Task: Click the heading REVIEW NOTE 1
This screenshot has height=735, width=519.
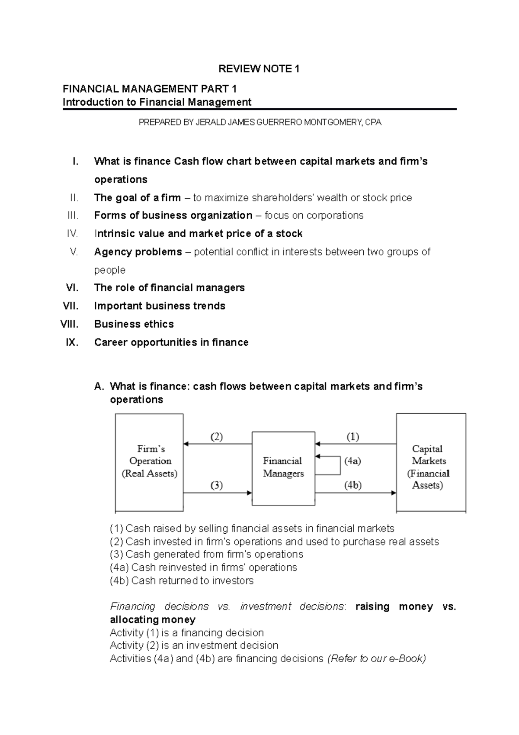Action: [259, 69]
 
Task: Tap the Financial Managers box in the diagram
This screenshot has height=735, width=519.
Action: [283, 467]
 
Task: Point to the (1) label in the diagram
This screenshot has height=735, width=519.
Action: [352, 437]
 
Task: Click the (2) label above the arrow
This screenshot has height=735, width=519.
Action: [217, 437]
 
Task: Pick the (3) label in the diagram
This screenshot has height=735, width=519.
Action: [217, 485]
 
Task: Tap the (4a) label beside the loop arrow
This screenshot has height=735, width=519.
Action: [352, 461]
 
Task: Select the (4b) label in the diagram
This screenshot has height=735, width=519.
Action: [353, 485]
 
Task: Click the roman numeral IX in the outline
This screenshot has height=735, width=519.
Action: [72, 342]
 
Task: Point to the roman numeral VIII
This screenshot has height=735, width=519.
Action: [69, 324]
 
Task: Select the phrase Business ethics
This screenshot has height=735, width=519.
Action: [134, 324]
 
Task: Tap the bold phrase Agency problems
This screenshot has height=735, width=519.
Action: [138, 252]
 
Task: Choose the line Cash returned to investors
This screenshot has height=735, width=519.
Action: [182, 580]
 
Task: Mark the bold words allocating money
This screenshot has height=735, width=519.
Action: [153, 619]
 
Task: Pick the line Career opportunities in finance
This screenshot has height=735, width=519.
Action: [171, 342]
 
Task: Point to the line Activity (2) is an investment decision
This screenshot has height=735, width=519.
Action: [194, 645]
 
